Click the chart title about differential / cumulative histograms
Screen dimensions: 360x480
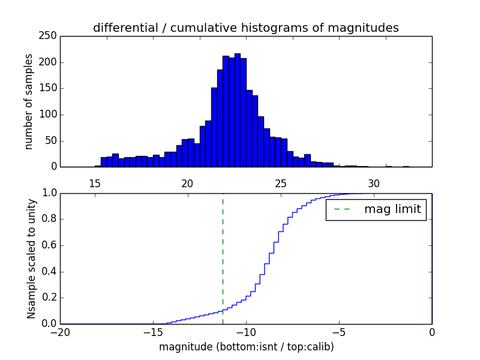pyautogui.click(x=245, y=28)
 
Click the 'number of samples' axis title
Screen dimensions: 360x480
pyautogui.click(x=29, y=101)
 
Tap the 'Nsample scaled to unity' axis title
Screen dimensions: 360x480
pyautogui.click(x=31, y=259)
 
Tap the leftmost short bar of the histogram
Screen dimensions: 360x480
pyautogui.click(x=98, y=166)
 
